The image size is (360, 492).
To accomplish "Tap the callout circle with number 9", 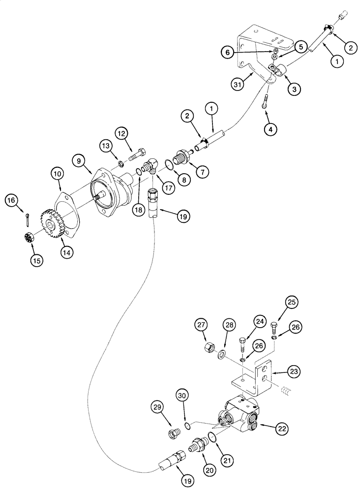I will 79,160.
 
